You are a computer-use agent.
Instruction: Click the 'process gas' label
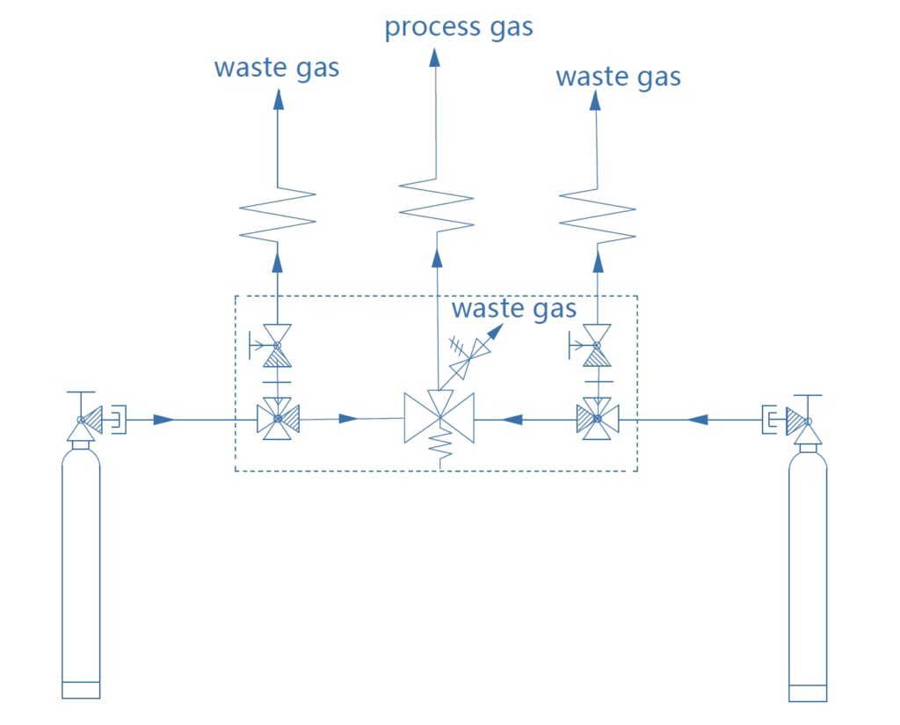tap(459, 27)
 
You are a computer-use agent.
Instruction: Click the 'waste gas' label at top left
tap(276, 68)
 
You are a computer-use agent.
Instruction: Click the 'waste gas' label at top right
tap(618, 77)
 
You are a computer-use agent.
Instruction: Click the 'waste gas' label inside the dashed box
tap(513, 309)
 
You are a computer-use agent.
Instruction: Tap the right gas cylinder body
tap(808, 572)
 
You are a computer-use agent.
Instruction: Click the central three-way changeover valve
tap(439, 418)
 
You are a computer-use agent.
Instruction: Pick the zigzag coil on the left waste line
tap(278, 212)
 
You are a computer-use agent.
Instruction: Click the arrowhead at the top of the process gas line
tap(435, 57)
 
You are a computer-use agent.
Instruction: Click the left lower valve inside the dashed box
tap(278, 419)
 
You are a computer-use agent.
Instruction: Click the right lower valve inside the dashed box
tap(598, 419)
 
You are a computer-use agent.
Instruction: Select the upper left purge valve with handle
tap(277, 344)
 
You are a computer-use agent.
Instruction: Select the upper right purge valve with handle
tap(597, 344)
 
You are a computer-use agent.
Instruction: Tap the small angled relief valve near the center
tap(468, 355)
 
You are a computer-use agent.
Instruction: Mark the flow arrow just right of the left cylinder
tap(163, 420)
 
